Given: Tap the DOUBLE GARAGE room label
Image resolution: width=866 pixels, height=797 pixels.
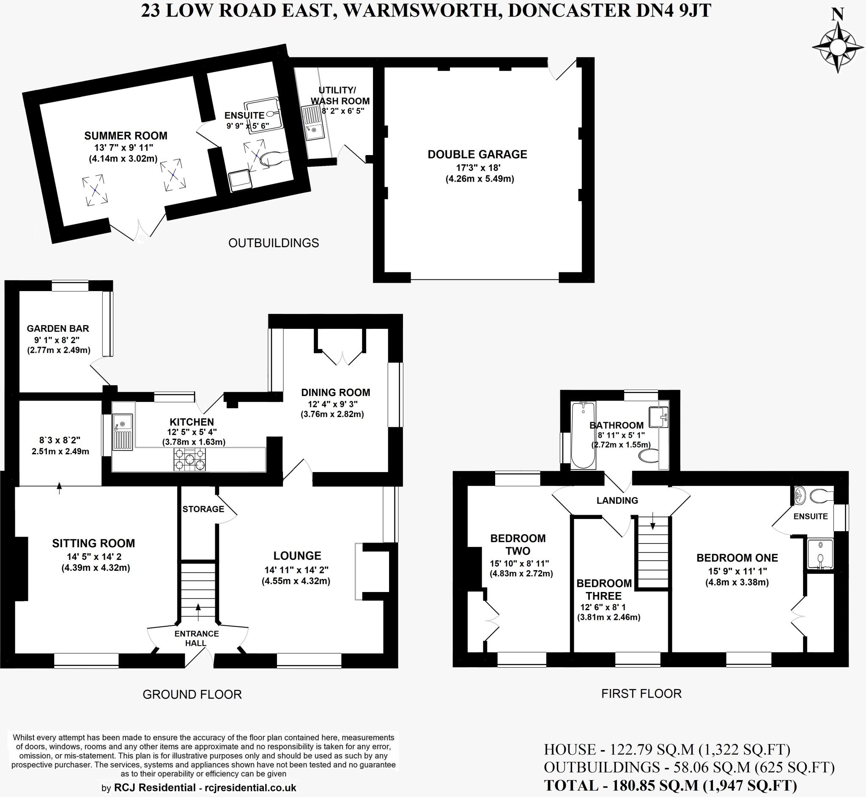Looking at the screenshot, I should (x=477, y=154).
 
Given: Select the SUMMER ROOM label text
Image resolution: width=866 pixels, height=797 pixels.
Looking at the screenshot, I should (x=126, y=136).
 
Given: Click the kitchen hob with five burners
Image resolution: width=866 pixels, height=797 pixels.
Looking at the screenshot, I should (x=189, y=460).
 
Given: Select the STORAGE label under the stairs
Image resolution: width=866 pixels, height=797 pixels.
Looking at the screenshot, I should (x=203, y=509).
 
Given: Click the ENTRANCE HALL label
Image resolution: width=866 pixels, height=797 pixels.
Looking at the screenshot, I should (x=196, y=638).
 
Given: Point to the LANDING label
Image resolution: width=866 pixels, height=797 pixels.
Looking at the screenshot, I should (x=617, y=500).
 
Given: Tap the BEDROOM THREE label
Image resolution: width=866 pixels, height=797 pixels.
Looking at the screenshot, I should (x=604, y=590).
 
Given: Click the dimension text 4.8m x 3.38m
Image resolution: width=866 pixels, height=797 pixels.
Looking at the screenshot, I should (x=737, y=583).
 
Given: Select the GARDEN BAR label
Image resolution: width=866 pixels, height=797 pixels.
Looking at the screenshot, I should (x=58, y=328).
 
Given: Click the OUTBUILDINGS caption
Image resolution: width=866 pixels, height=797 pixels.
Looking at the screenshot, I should (x=273, y=243).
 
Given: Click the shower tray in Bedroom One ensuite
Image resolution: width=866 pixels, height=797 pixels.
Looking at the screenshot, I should (x=819, y=554).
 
